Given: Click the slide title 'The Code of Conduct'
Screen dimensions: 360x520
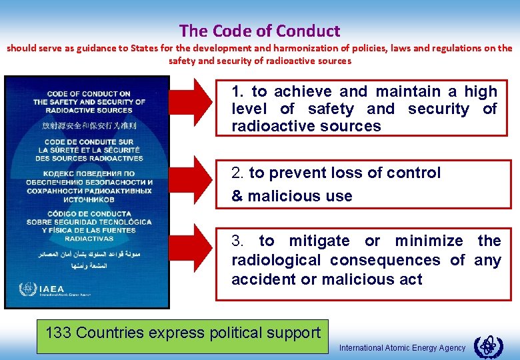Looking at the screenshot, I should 259,31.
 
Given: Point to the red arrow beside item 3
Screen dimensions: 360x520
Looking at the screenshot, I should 193,252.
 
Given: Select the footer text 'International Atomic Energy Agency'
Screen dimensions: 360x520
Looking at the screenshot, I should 402,348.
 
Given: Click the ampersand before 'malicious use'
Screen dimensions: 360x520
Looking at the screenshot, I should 237,197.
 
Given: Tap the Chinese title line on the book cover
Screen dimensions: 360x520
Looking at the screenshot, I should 89,125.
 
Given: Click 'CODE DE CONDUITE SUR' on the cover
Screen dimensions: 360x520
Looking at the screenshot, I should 89,142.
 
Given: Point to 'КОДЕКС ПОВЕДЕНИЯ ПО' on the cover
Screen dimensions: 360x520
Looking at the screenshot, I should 89,173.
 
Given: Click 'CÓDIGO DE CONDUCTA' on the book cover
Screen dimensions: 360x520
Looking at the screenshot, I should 89,213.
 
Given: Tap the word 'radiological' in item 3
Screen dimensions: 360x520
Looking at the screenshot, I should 276,261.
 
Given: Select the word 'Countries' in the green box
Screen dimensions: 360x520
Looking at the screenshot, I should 109,333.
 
